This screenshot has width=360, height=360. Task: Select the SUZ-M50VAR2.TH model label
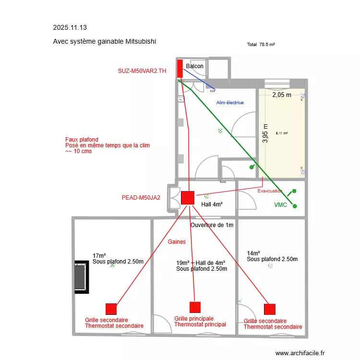(142, 71)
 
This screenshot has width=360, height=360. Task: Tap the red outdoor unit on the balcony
(180, 69)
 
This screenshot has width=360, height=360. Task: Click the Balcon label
(194, 66)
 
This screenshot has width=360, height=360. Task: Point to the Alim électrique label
(230, 103)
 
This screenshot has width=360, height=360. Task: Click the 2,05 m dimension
(282, 95)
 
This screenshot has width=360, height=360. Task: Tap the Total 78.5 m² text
(261, 44)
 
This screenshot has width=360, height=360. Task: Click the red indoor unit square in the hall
(187, 198)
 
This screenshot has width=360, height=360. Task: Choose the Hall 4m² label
(212, 204)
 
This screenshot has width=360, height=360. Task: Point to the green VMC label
(280, 205)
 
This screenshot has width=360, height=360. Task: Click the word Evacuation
(270, 191)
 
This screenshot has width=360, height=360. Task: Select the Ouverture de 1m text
(212, 225)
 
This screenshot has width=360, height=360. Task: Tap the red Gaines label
(177, 242)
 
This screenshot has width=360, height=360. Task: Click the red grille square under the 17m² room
(111, 309)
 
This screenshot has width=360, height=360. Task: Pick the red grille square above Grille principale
(195, 307)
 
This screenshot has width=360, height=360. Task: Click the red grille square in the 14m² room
(270, 309)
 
